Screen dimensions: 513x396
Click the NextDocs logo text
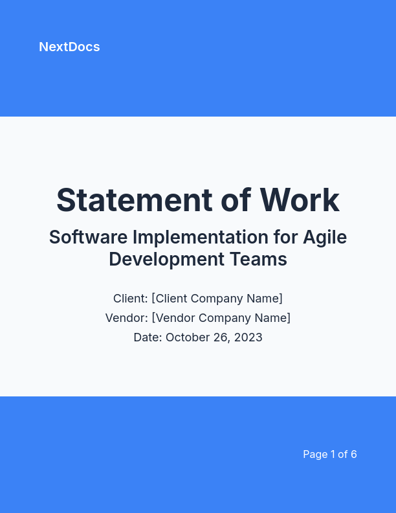click(x=69, y=47)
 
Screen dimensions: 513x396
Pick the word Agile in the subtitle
click(x=325, y=238)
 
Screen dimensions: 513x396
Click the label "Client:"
click(x=131, y=299)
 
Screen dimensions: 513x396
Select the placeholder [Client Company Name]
click(x=217, y=299)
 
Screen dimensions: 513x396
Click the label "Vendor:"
click(x=127, y=318)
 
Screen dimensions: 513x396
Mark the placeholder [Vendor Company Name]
click(x=221, y=318)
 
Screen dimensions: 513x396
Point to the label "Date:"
click(x=148, y=337)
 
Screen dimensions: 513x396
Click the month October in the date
click(x=188, y=337)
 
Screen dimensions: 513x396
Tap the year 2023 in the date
click(x=248, y=337)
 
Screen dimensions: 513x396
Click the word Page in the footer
click(x=315, y=454)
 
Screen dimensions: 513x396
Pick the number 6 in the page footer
click(x=354, y=454)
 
